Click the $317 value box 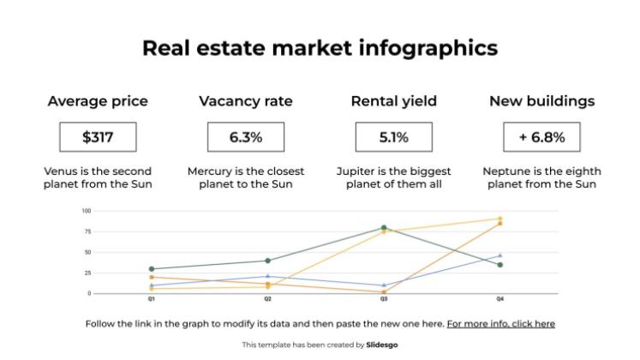(98, 137)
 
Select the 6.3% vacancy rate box (245, 137)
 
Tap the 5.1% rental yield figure (393, 137)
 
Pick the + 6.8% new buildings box (541, 137)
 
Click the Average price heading (98, 101)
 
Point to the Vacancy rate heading (245, 101)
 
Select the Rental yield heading (393, 101)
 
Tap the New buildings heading (541, 101)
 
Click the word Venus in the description (62, 171)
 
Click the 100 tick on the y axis (87, 211)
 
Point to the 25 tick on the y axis (87, 273)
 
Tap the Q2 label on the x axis (267, 300)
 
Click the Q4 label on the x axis (500, 300)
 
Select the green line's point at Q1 (152, 269)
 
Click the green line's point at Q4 (500, 265)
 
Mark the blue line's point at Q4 (500, 255)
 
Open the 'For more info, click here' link (500, 324)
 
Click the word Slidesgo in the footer (381, 345)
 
